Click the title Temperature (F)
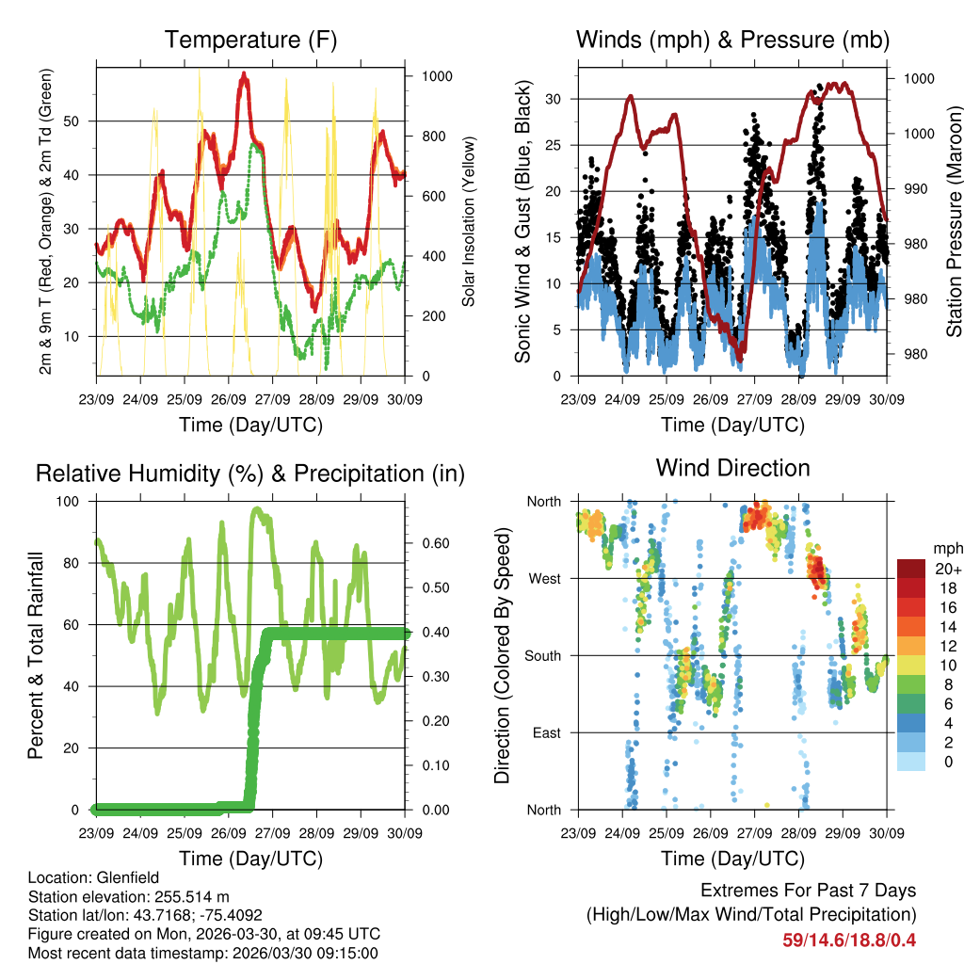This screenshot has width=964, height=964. [x=250, y=40]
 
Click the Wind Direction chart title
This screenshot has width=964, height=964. [x=732, y=468]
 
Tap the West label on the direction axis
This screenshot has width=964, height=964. [x=544, y=578]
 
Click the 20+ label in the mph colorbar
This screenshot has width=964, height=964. [x=947, y=569]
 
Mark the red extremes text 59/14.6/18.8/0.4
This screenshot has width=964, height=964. [x=849, y=940]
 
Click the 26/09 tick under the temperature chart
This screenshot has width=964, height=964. [x=229, y=399]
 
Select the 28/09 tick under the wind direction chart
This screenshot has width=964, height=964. [x=798, y=832]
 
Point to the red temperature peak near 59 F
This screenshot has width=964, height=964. [x=245, y=75]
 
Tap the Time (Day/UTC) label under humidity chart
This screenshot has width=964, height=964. [x=250, y=858]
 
